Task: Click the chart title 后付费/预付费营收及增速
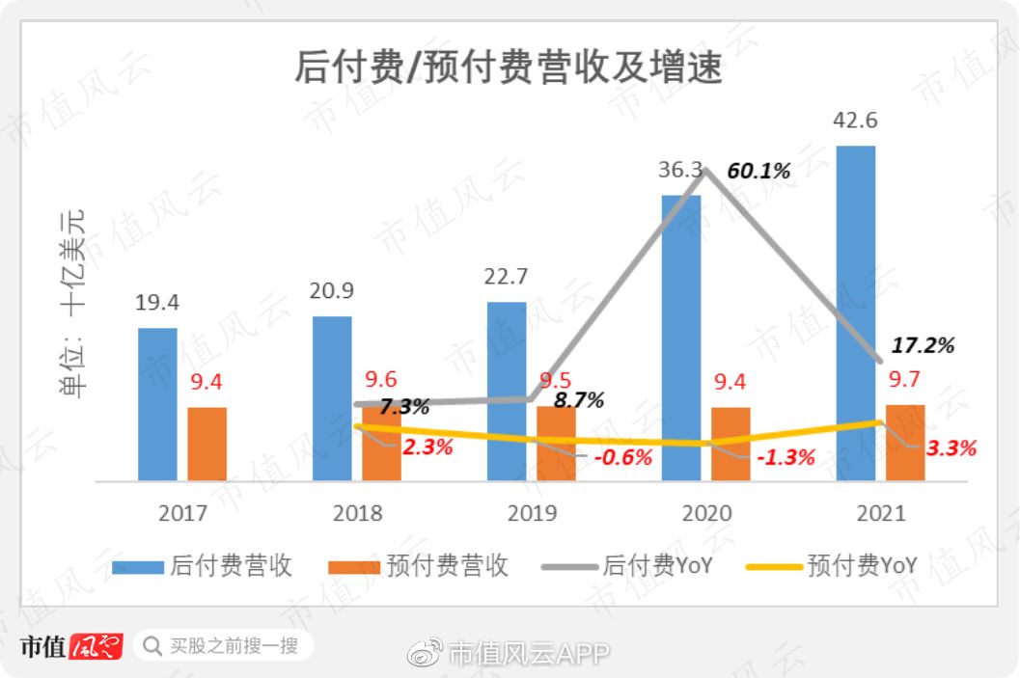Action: tap(509, 69)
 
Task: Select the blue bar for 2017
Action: tap(157, 404)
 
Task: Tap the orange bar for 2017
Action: tap(207, 444)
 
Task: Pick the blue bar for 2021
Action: tap(855, 312)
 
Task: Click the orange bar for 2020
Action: tap(731, 444)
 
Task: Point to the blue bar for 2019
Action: tap(507, 391)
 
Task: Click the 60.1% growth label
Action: tap(758, 172)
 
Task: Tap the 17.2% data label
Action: tap(923, 345)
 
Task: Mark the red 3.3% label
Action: tap(951, 447)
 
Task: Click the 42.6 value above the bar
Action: tap(855, 122)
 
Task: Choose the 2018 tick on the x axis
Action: tap(357, 513)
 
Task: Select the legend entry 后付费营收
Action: tap(203, 565)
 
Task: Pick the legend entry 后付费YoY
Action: tap(627, 565)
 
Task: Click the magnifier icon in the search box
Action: tap(152, 645)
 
